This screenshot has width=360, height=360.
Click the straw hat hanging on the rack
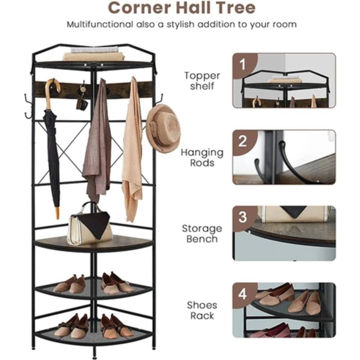[164, 128]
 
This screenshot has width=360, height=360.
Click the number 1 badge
[243, 65]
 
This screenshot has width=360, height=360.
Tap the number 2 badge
[243, 141]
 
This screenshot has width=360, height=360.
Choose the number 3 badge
[243, 217]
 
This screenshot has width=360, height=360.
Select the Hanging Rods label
[202, 158]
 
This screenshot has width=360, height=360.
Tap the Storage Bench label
[202, 234]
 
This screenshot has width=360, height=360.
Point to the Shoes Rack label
[202, 311]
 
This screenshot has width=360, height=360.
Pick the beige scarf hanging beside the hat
[132, 151]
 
